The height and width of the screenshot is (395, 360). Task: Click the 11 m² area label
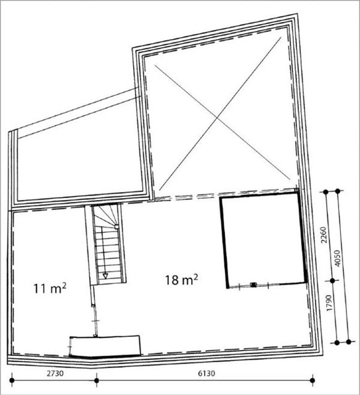[x=50, y=288]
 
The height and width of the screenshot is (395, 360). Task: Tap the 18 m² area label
[x=181, y=280]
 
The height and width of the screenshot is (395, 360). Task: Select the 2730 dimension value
[x=55, y=373]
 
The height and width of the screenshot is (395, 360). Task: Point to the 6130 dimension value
[x=207, y=373]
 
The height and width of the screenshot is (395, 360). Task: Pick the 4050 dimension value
[x=337, y=258]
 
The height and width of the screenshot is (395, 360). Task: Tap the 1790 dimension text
[x=330, y=302]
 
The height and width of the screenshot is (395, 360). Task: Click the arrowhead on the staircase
[x=105, y=276]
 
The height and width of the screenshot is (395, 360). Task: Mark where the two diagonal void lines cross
[x=217, y=118]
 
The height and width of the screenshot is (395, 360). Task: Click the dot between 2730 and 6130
[x=97, y=380]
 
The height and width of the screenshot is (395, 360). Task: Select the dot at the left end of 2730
[x=12, y=380]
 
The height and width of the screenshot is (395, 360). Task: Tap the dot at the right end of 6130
[x=313, y=380]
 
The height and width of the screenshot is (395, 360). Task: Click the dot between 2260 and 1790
[x=332, y=281]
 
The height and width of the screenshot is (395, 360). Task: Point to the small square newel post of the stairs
[x=117, y=227]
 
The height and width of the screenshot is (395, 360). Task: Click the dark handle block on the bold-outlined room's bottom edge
[x=253, y=285]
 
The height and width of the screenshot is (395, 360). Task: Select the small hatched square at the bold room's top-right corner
[x=297, y=190]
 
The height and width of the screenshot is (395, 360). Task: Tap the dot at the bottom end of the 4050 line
[x=348, y=342]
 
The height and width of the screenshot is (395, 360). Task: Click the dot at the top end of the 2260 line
[x=325, y=192]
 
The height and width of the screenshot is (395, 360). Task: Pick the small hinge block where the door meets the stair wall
[x=93, y=306]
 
